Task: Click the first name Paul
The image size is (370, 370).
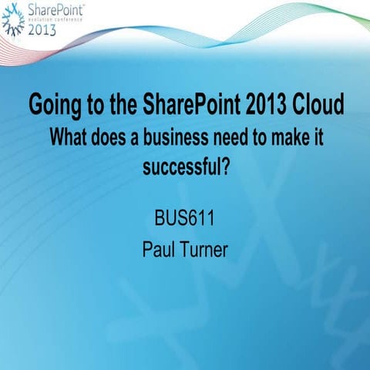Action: click(160, 248)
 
